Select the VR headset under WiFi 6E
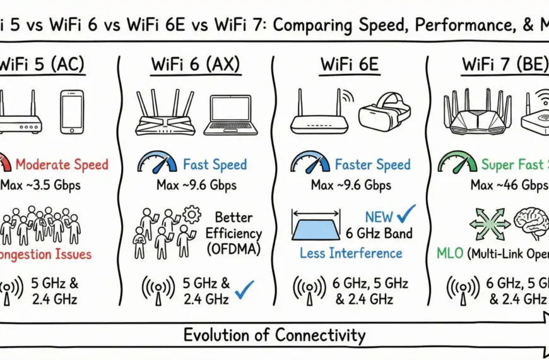pos(384,112)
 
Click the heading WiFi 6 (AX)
pos(195,64)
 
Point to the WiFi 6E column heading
pos(350,64)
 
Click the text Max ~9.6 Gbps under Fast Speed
pos(196,186)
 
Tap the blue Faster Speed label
pos(372,165)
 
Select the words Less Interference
pos(351,253)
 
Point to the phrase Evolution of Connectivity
pos(274,335)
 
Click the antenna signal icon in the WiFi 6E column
pos(305,289)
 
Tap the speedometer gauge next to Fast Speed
pos(156,163)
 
